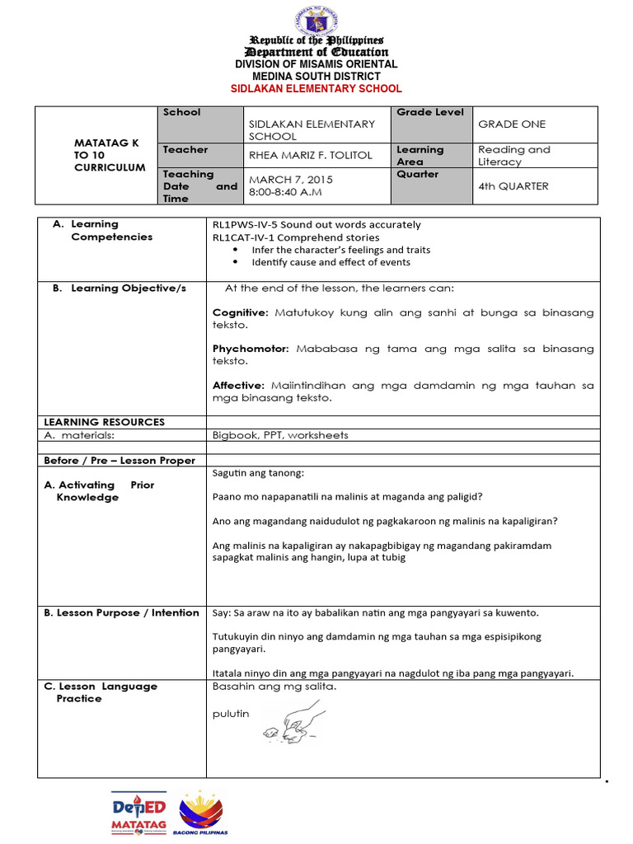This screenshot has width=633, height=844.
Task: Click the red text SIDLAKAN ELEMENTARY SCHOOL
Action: point(316,89)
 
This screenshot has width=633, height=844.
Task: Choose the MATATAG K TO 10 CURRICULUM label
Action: point(106,155)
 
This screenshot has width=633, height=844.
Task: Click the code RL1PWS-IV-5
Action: point(246,224)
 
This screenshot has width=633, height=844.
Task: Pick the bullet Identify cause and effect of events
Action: point(331,262)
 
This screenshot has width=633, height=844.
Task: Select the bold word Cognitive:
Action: point(241,313)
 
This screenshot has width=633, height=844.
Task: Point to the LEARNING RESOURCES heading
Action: point(104,422)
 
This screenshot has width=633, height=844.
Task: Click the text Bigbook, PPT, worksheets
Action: point(280,435)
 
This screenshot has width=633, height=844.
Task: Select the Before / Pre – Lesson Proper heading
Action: point(120,460)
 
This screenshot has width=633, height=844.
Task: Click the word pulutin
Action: point(231,714)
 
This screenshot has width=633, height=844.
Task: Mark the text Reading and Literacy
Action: point(513,156)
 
